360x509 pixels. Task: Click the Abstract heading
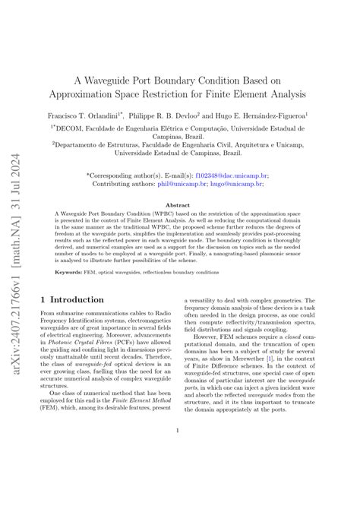pyautogui.click(x=178, y=205)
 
